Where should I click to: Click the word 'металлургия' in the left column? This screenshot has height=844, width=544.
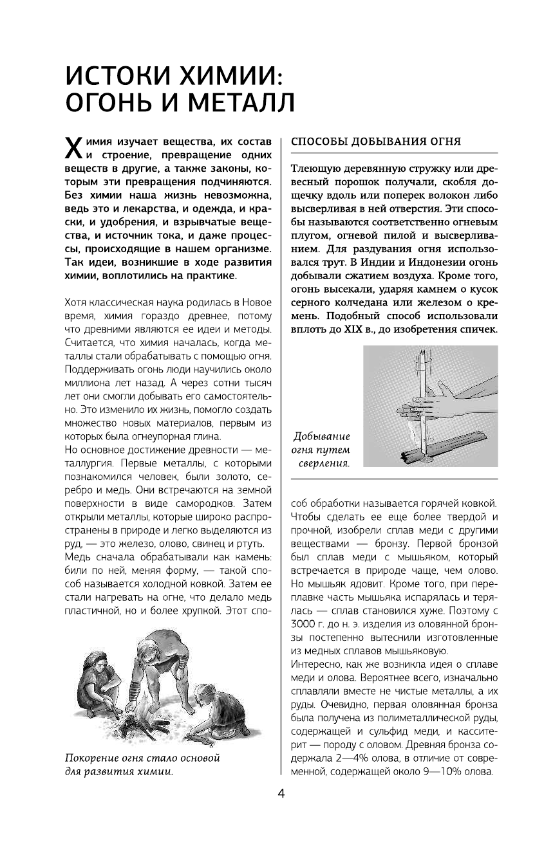coord(92,461)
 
